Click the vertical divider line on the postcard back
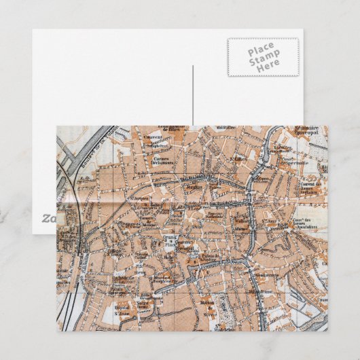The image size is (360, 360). (x=192, y=95)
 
